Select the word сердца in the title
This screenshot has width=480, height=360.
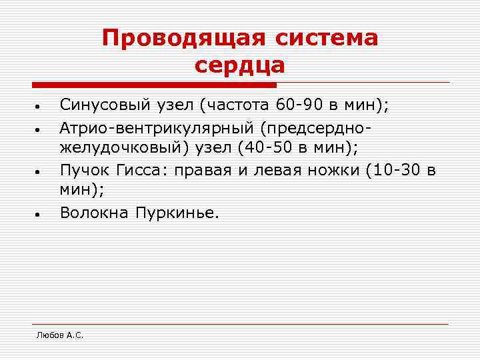tap(240, 65)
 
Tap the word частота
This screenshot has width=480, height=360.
tap(239, 105)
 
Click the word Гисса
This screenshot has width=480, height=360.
tap(137, 170)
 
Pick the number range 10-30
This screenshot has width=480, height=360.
tap(396, 170)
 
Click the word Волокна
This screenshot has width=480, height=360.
tap(93, 213)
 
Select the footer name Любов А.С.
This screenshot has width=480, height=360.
tap(60, 335)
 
